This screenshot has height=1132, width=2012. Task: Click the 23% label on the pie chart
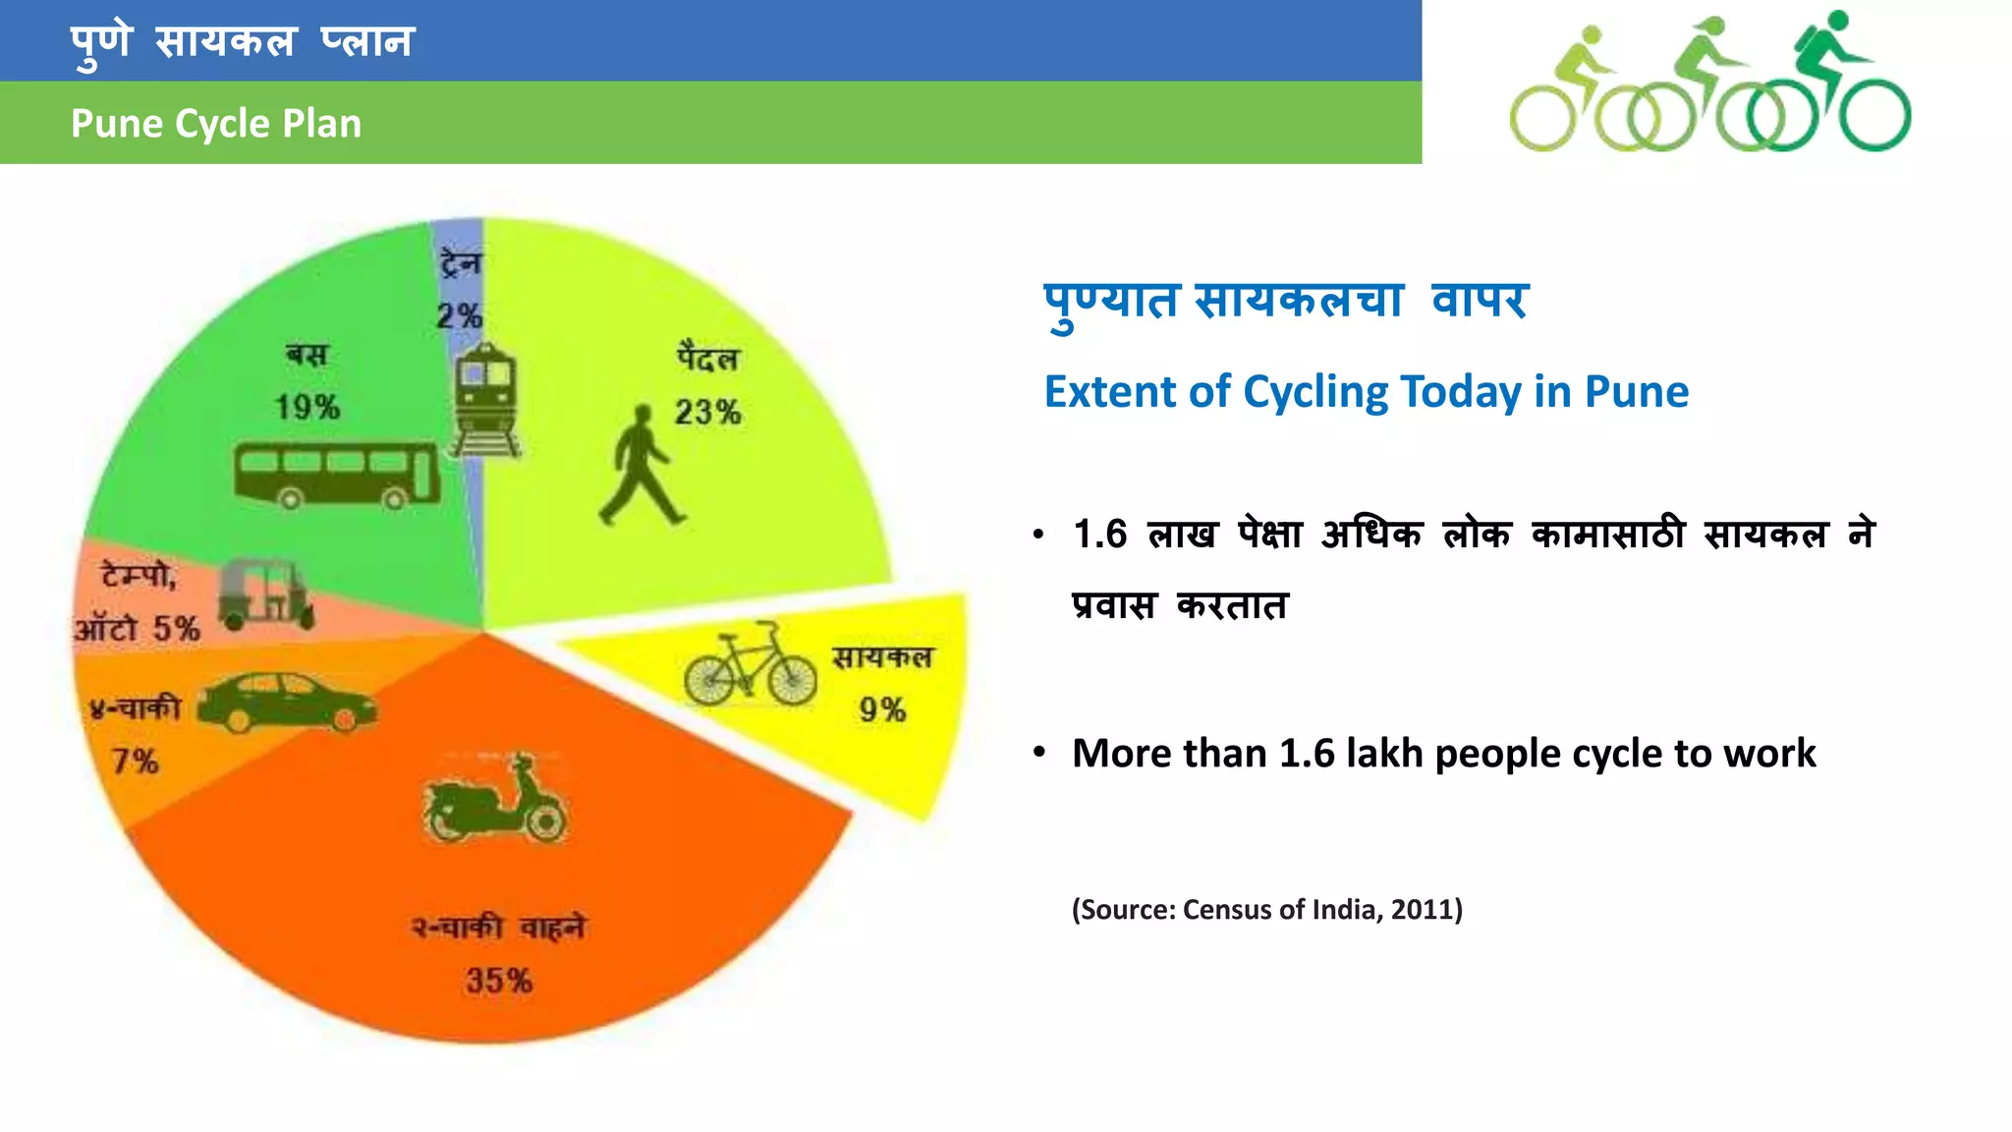[707, 412]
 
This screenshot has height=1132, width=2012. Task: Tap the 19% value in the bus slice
[307, 407]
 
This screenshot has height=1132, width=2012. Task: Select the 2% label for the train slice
[459, 316]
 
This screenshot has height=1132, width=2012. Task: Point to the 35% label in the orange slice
[499, 980]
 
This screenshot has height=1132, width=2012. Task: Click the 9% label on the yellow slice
[882, 709]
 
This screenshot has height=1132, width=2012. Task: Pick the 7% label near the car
[135, 761]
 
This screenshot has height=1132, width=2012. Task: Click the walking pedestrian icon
[641, 466]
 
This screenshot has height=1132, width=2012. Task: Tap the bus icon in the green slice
[337, 475]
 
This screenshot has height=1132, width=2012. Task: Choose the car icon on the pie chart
[285, 702]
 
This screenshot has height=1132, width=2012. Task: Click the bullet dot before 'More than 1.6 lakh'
[1039, 754]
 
